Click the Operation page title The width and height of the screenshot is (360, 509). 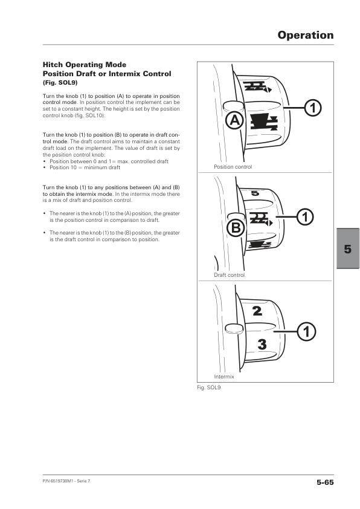306,35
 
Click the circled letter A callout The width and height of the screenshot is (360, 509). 234,121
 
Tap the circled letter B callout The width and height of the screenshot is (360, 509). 236,229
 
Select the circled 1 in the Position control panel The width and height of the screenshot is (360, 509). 313,108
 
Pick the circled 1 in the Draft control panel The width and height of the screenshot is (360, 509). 305,217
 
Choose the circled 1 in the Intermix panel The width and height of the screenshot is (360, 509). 306,332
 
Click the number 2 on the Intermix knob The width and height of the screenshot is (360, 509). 257,311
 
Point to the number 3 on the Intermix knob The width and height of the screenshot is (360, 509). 262,345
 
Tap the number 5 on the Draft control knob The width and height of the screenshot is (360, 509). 256,193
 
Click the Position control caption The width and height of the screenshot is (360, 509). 233,167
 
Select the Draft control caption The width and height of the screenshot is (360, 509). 230,275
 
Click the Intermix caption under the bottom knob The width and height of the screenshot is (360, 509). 223,377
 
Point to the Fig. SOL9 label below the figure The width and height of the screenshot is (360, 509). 208,387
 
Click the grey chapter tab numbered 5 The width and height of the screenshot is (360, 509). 348,248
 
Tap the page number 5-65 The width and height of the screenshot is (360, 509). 325,482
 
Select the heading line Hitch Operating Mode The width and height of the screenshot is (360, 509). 85,65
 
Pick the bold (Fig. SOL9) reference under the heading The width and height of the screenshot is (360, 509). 60,83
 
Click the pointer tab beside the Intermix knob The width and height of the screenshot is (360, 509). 234,328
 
